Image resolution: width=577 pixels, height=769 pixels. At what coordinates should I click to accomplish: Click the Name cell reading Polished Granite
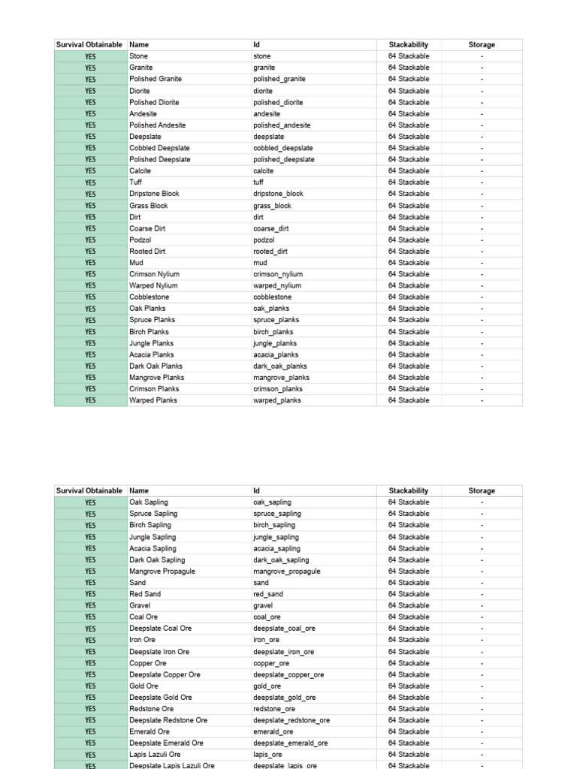(x=156, y=79)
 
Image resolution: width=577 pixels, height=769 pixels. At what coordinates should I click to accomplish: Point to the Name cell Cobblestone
(x=150, y=297)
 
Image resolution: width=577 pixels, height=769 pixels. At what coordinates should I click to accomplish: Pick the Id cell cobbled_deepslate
(x=283, y=148)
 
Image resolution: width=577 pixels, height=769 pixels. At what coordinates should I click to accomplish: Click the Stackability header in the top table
(x=409, y=44)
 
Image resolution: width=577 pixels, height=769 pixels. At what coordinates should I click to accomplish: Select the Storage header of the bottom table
(x=482, y=490)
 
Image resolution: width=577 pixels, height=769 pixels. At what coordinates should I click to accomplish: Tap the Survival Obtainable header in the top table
(x=89, y=44)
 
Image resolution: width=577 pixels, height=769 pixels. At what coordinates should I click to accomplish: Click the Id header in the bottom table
(x=257, y=490)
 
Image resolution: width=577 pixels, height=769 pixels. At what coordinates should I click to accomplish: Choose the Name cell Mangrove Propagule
(x=162, y=571)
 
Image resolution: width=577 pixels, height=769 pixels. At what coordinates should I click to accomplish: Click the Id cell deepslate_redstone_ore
(x=292, y=720)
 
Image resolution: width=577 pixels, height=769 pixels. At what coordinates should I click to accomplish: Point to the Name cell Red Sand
(x=145, y=594)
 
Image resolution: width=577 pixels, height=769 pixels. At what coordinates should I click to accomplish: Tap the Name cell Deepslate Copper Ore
(x=165, y=674)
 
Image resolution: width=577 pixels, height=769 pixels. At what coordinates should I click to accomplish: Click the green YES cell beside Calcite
(x=90, y=170)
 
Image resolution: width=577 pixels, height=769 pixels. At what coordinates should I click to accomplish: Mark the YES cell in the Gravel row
(x=90, y=605)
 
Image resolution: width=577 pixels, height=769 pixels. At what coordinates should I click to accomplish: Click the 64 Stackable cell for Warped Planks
(x=409, y=400)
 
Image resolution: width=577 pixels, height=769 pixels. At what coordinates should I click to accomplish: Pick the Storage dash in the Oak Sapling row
(x=482, y=502)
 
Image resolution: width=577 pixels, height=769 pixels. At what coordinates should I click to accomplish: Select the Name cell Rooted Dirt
(x=147, y=251)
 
